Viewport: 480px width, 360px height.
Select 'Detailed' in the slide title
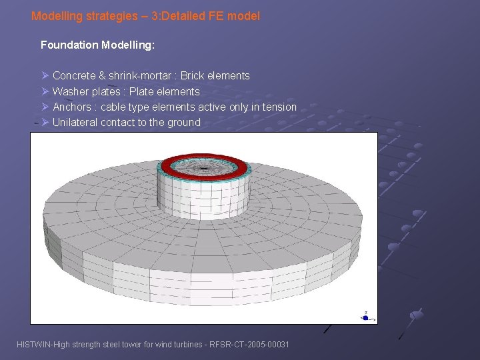[197, 15]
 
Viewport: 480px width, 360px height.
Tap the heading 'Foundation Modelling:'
[97, 45]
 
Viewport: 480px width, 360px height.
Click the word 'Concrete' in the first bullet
[74, 76]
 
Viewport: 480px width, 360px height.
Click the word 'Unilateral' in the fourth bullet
[75, 122]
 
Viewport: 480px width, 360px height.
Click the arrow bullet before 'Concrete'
[45, 76]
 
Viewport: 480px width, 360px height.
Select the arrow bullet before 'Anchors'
[45, 107]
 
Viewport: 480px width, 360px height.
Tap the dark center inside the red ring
[203, 163]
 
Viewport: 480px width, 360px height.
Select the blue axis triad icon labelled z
[365, 316]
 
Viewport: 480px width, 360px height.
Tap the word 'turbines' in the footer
[177, 344]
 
